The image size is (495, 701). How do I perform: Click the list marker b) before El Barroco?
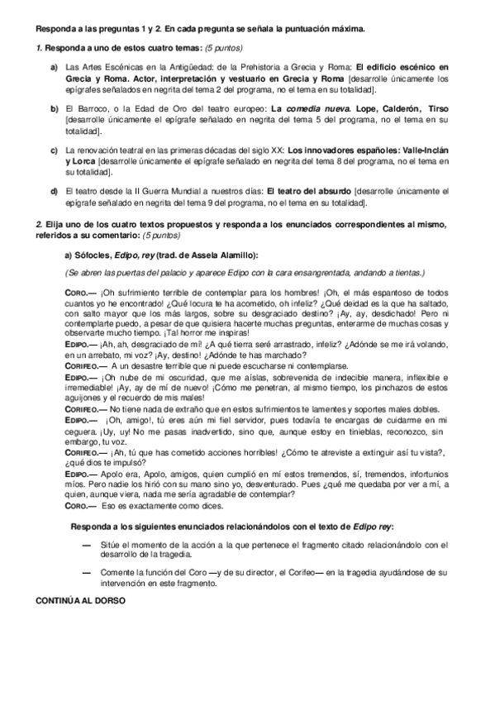(54, 109)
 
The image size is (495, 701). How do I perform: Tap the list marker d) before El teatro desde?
(54, 191)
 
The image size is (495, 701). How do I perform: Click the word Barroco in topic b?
(89, 109)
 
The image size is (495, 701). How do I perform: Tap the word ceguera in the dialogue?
(83, 431)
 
